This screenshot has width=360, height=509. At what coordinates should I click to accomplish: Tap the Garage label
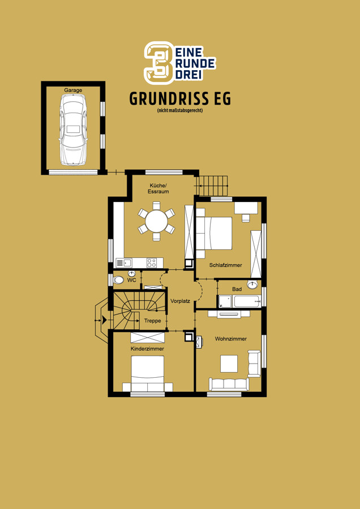(x=73, y=90)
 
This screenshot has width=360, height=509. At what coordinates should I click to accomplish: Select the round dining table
(x=156, y=221)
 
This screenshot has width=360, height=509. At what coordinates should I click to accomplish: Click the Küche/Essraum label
(x=158, y=188)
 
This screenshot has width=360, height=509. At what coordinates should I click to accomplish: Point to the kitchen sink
(x=123, y=262)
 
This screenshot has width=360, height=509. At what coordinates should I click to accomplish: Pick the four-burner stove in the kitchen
(x=151, y=262)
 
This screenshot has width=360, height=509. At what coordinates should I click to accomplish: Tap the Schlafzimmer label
(x=225, y=265)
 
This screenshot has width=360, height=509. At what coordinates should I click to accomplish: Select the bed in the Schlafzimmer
(x=214, y=233)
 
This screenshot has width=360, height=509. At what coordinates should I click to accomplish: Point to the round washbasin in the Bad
(x=252, y=284)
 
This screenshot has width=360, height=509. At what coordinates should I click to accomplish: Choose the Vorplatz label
(x=181, y=301)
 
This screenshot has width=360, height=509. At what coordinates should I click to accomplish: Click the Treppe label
(x=152, y=321)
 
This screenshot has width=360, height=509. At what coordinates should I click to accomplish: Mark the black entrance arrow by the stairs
(x=104, y=321)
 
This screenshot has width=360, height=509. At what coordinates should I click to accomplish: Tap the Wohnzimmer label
(x=231, y=339)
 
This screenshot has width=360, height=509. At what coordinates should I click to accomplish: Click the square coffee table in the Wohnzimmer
(x=229, y=364)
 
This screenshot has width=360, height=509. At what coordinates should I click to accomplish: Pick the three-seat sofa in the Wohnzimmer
(x=229, y=384)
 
